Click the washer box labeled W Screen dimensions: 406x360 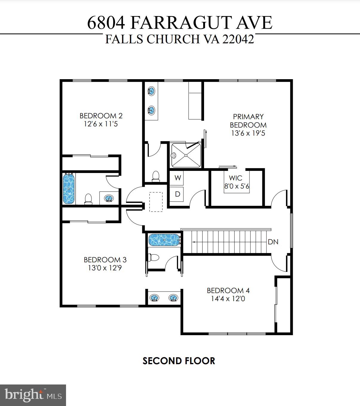177,178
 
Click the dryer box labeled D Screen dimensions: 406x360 177,194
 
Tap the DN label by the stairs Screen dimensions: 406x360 273,242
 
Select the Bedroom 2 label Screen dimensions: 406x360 101,116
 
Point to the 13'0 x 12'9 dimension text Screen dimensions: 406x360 105,268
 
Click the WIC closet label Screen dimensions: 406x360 235,178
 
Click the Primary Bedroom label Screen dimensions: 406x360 248,121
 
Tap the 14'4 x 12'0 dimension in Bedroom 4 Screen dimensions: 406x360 228,299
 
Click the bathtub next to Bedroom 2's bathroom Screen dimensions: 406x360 69,189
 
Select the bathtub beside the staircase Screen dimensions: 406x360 164,240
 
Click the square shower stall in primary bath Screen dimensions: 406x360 186,155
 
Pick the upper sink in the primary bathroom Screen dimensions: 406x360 151,91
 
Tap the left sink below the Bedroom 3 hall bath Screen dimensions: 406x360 154,298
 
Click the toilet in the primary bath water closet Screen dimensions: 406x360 156,176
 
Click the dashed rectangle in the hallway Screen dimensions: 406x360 156,202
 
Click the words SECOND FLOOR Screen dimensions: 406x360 179,361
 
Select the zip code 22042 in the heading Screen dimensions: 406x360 238,39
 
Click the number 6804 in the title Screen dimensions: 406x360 106,23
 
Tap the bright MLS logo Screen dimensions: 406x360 33,395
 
